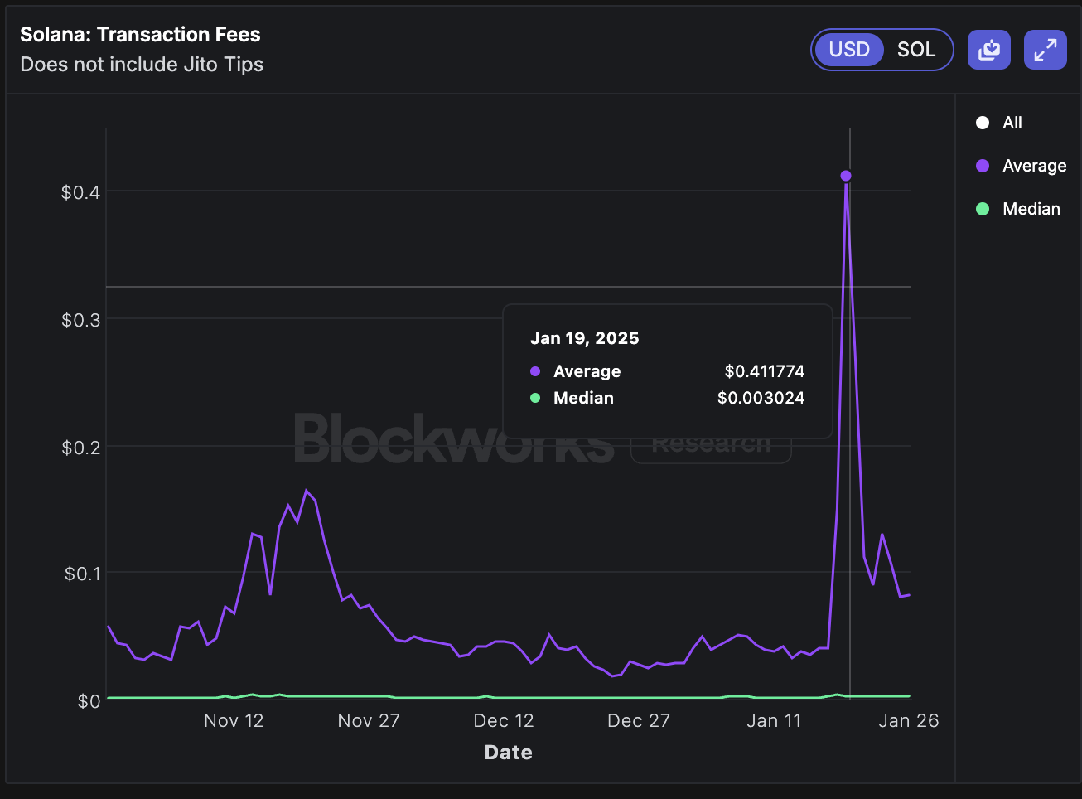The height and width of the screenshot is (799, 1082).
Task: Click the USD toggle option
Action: (849, 50)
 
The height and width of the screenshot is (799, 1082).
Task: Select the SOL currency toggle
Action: (915, 50)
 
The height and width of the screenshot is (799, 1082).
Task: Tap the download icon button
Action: (988, 50)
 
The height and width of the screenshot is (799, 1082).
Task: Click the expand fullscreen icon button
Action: (1045, 50)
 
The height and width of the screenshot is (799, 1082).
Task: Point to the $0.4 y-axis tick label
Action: (80, 192)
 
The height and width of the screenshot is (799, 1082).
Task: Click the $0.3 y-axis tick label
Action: (80, 320)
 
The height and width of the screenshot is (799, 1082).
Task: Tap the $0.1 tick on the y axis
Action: (82, 574)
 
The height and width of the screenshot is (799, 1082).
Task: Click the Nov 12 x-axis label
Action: (234, 721)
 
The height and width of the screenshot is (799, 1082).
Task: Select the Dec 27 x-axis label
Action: (638, 721)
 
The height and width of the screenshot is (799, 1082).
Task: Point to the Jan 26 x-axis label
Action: (908, 721)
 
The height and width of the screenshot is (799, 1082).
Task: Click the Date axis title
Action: (508, 753)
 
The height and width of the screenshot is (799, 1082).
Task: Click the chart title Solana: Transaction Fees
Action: (140, 35)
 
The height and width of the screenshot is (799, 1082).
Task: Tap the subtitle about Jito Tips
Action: (142, 65)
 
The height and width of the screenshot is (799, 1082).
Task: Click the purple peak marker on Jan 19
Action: (846, 176)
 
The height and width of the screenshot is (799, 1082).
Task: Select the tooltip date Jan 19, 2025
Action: (584, 338)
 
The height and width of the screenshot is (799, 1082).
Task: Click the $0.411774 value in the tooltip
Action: (764, 371)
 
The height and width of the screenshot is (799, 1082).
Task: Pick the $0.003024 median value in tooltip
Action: (761, 398)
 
